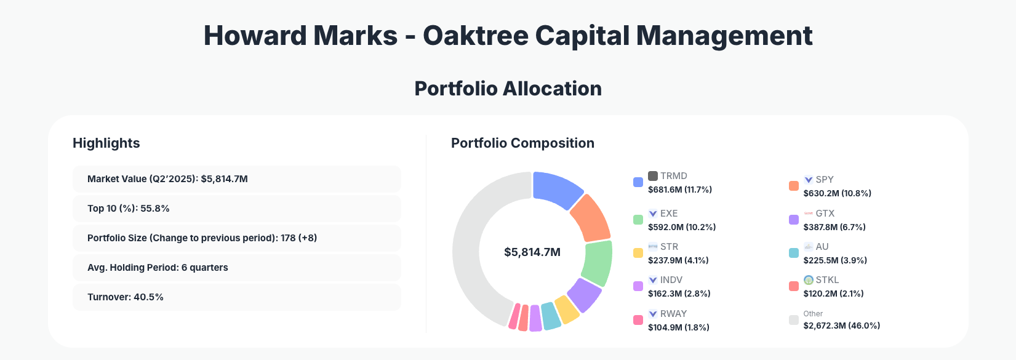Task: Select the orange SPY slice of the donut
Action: click(x=590, y=218)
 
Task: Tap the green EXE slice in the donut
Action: click(x=597, y=263)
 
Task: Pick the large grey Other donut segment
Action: click(x=474, y=246)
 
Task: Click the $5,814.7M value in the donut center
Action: click(x=532, y=252)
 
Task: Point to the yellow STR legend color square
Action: click(x=638, y=253)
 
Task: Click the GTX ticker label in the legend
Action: click(x=825, y=214)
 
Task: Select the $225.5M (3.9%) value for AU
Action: click(x=835, y=260)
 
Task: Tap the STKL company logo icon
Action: click(x=809, y=280)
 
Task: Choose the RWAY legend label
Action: click(x=673, y=314)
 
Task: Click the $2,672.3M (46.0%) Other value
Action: click(x=841, y=326)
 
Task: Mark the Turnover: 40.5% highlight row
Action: click(x=237, y=297)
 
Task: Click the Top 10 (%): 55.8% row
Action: click(x=237, y=209)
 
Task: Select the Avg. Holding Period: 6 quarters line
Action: click(x=237, y=268)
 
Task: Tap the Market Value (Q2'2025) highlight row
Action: click(x=237, y=179)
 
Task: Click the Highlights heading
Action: click(x=106, y=143)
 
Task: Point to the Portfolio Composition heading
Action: click(x=522, y=143)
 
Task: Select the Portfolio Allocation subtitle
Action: click(x=508, y=89)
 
